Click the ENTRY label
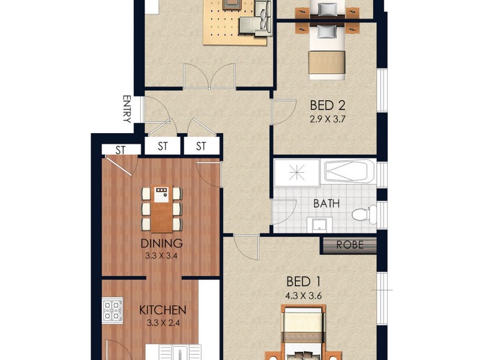pyautogui.click(x=127, y=109)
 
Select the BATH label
pyautogui.click(x=326, y=203)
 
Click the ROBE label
pyautogui.click(x=350, y=245)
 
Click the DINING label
pyautogui.click(x=161, y=244)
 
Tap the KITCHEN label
pyautogui.click(x=163, y=310)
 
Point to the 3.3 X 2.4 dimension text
pyautogui.click(x=163, y=323)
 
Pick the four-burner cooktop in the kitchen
pyautogui.click(x=113, y=310)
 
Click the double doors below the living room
pyautogui.click(x=209, y=76)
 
